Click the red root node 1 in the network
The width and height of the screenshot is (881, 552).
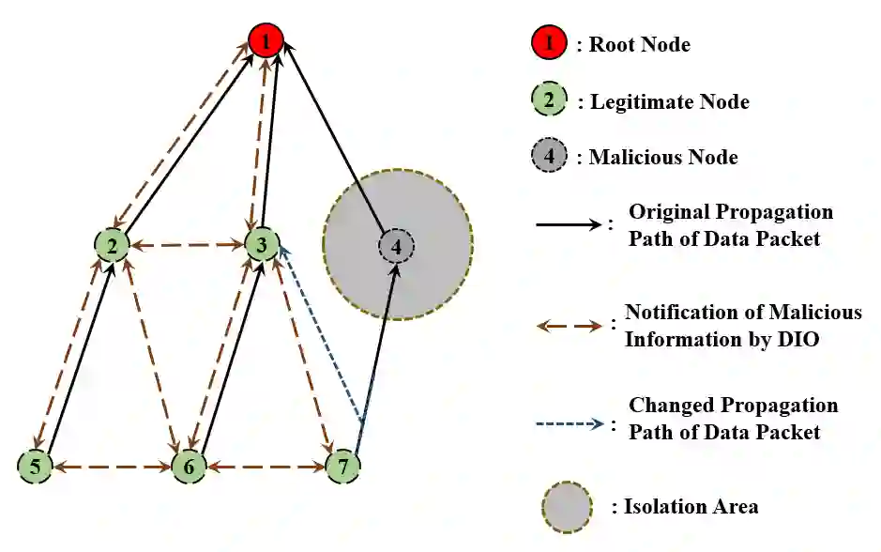click(x=266, y=40)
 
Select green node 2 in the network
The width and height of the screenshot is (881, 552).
click(x=112, y=246)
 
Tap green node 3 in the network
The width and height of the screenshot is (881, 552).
click(x=262, y=246)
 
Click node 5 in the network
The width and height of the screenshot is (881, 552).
click(x=35, y=465)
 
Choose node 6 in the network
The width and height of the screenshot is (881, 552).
click(x=189, y=466)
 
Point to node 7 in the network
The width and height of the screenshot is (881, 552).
click(x=343, y=466)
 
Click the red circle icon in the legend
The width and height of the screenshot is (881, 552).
click(x=550, y=42)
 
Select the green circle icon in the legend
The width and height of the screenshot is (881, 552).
click(x=550, y=100)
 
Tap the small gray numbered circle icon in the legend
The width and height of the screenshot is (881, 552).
click(x=550, y=158)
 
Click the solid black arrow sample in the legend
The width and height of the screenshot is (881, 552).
click(x=569, y=224)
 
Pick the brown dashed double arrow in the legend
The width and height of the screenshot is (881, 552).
click(x=569, y=326)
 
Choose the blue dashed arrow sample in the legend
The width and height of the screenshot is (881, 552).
click(x=569, y=422)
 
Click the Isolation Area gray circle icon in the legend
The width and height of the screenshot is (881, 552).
click(x=567, y=507)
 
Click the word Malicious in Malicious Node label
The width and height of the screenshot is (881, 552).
click(x=633, y=158)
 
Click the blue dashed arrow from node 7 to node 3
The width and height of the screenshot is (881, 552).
click(x=321, y=333)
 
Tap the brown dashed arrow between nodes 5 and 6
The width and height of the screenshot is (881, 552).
click(x=112, y=466)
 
